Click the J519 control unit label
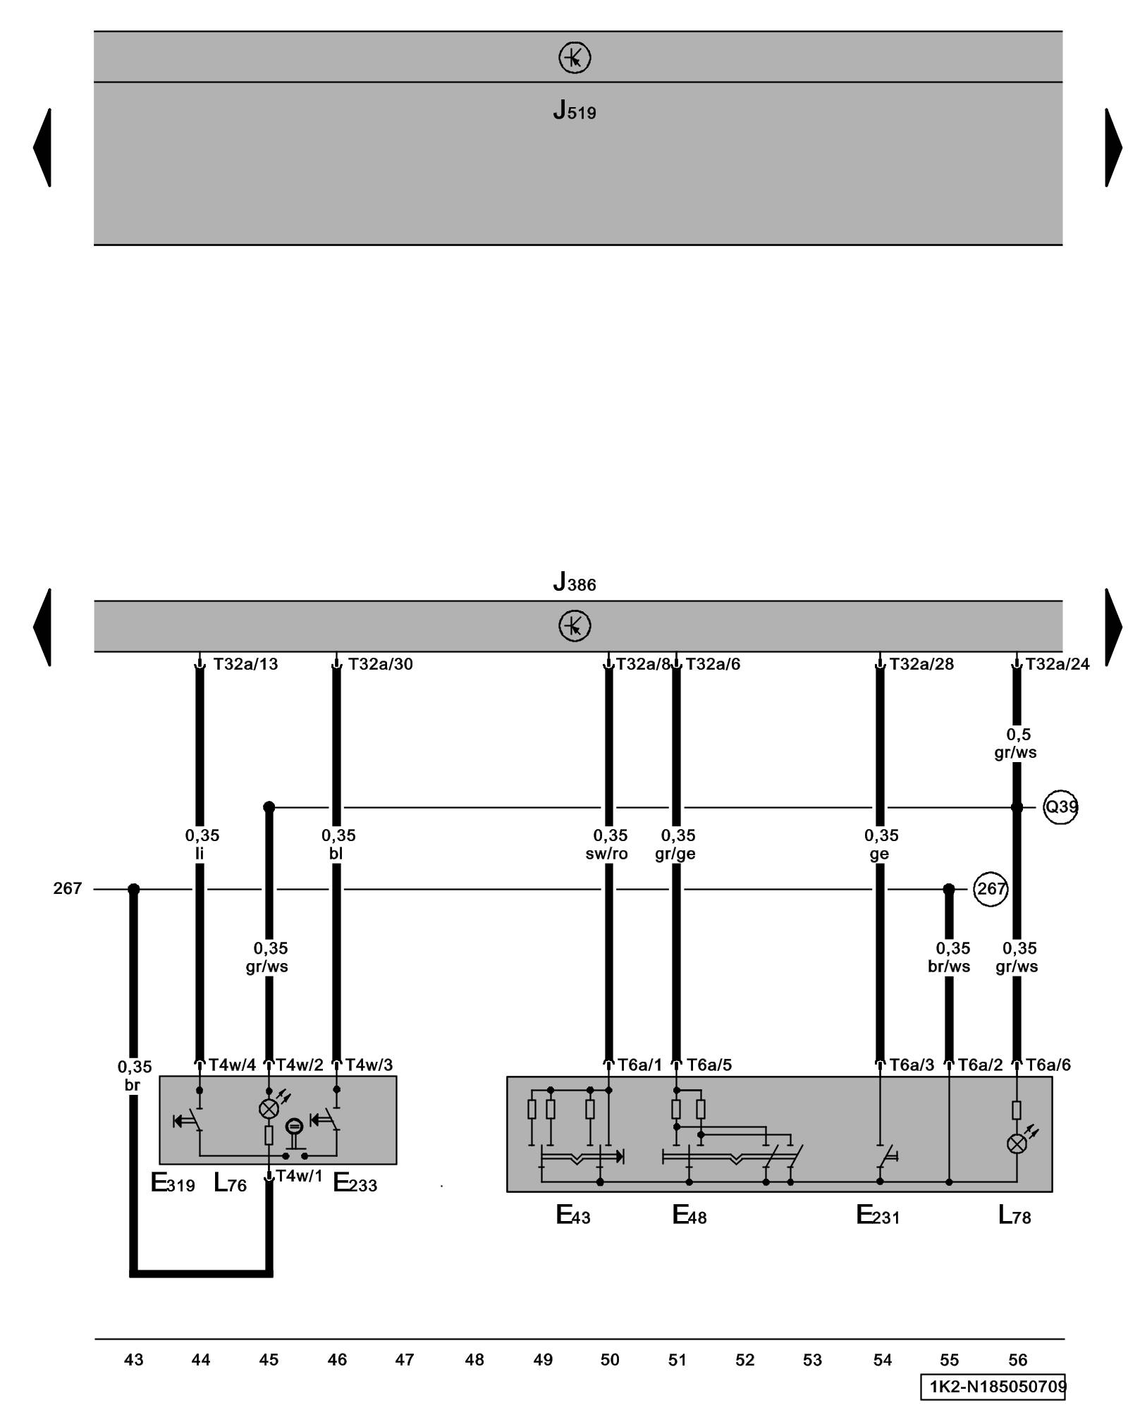coord(574,111)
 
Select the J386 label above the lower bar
coord(574,583)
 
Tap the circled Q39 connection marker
coord(1060,807)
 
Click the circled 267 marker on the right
coord(991,889)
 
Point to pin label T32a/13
coord(245,664)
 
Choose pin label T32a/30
coord(381,664)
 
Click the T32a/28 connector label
coord(921,664)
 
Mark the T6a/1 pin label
coord(640,1065)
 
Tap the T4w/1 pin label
coord(299,1175)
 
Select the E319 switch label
coord(173,1182)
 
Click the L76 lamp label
coord(230,1182)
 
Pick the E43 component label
coord(572,1215)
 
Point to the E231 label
coord(877,1215)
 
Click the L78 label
coord(1014,1215)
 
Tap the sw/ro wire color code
coord(607,854)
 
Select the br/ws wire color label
coord(949,967)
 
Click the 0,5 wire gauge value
coord(1018,734)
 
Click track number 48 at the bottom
coord(474,1359)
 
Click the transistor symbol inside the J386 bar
coord(574,625)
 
